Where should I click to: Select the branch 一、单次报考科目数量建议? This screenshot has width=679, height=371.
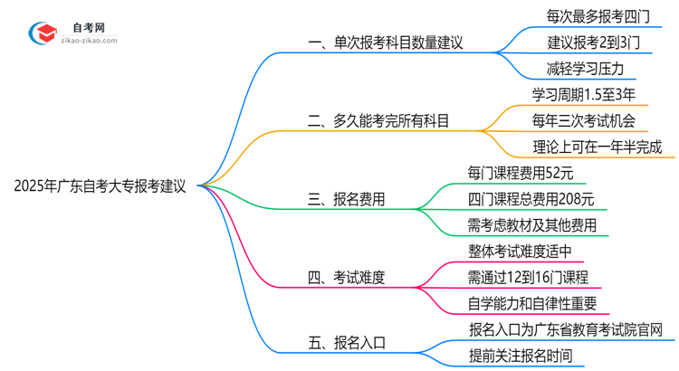point(387,41)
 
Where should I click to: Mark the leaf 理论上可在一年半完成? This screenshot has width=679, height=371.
point(598,146)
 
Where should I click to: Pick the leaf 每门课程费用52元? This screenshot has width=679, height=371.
point(520,172)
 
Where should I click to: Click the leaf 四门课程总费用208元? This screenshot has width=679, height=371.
point(531,199)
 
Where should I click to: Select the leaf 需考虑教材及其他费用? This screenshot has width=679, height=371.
point(532,225)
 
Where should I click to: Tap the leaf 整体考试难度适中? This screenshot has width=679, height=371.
point(520,252)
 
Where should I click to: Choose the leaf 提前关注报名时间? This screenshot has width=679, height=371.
point(520,356)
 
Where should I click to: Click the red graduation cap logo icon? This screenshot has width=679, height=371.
point(42,33)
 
